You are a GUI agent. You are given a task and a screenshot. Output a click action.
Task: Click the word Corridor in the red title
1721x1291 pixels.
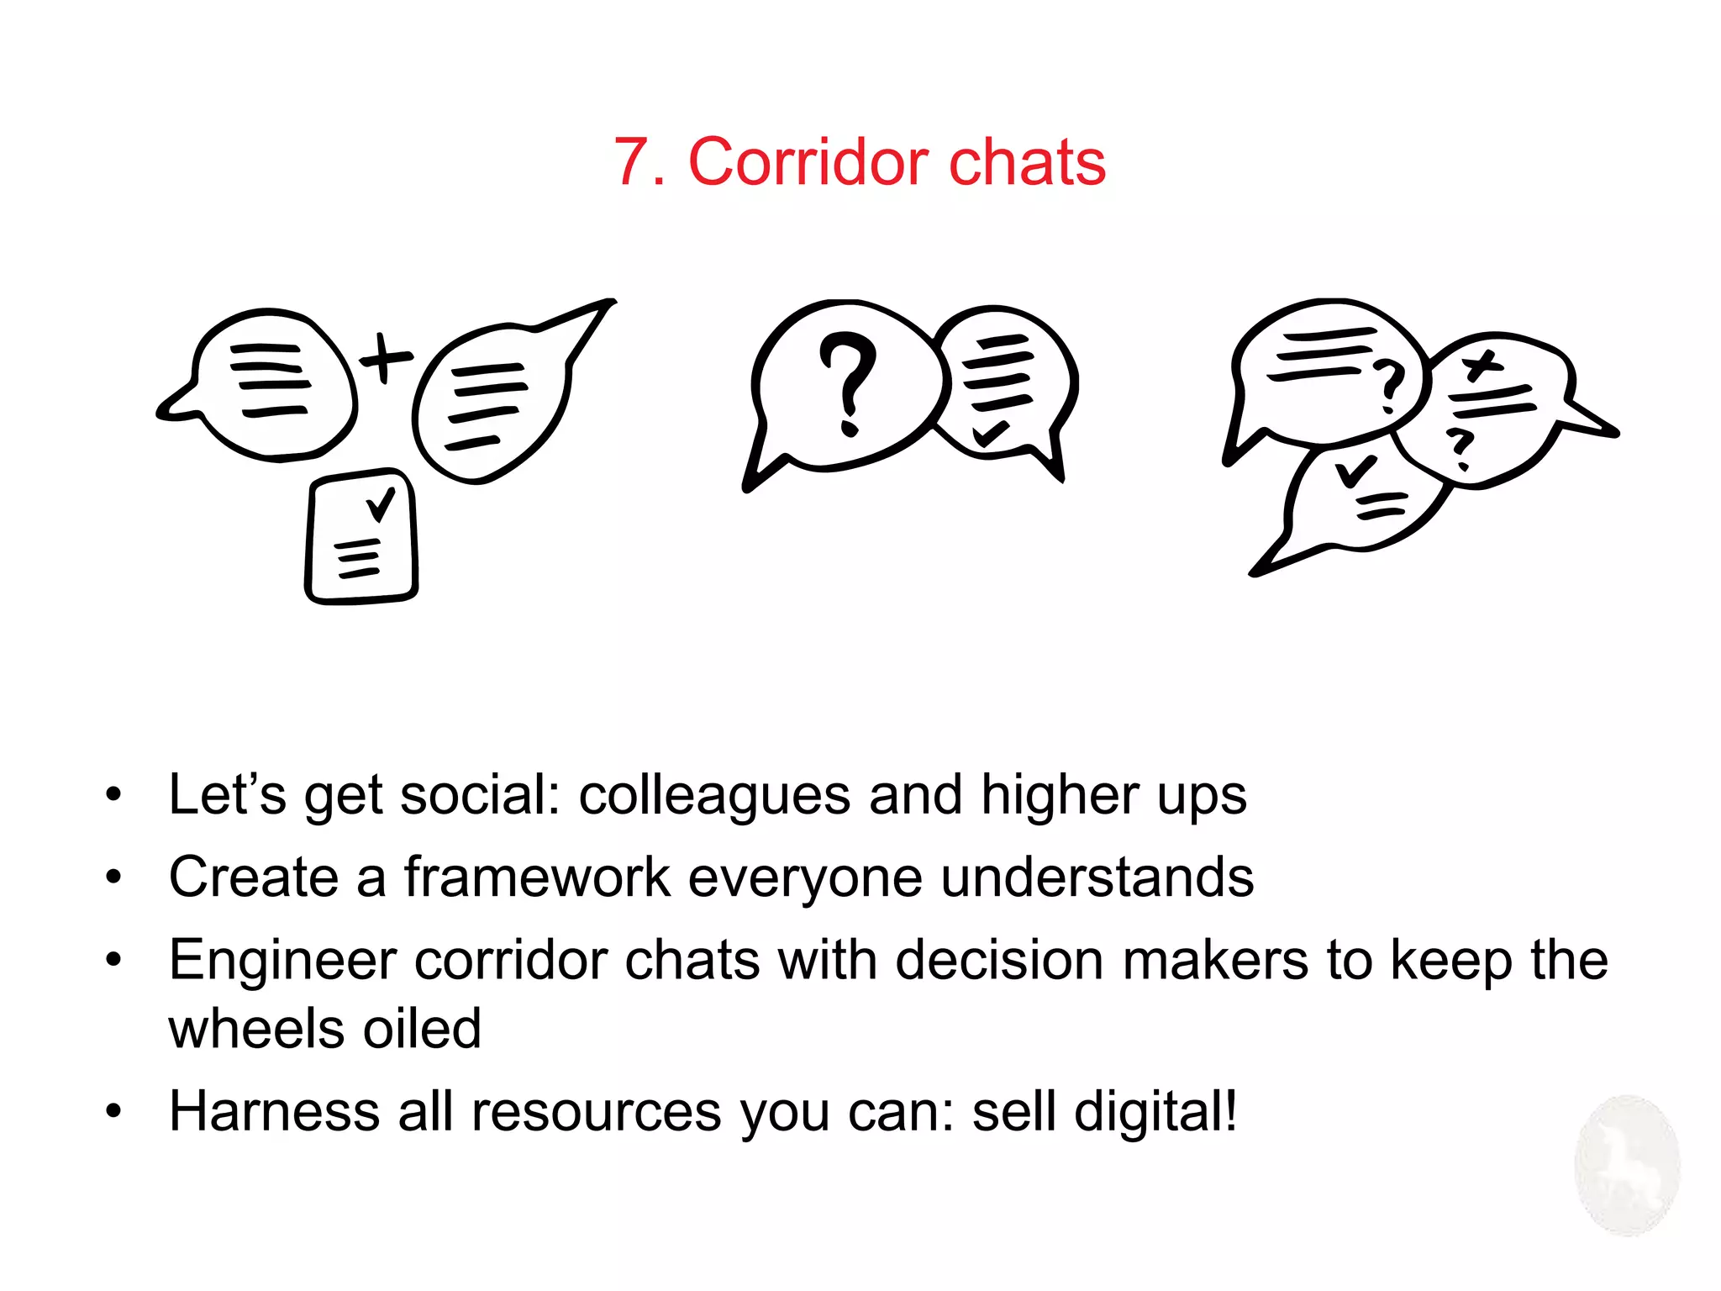click(x=808, y=161)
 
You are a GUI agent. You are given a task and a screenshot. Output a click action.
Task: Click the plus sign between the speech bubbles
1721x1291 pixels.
click(x=386, y=358)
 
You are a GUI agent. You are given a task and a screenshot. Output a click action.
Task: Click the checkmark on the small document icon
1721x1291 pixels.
click(x=380, y=503)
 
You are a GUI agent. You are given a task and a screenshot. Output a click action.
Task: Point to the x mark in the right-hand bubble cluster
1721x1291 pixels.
click(x=1482, y=366)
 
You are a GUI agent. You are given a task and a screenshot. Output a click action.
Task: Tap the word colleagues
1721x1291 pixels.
click(x=714, y=796)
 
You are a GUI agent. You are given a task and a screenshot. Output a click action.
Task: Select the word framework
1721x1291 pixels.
click(x=537, y=877)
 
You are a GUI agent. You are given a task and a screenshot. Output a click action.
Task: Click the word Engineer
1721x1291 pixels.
click(x=282, y=961)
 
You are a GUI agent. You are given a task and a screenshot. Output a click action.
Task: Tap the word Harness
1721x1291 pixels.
click(x=274, y=1110)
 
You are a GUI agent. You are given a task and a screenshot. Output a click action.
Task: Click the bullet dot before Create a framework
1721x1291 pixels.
click(x=113, y=877)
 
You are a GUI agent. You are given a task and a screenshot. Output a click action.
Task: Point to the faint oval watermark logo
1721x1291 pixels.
click(x=1627, y=1165)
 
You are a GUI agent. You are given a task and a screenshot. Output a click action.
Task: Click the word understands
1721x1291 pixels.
click(x=1097, y=877)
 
